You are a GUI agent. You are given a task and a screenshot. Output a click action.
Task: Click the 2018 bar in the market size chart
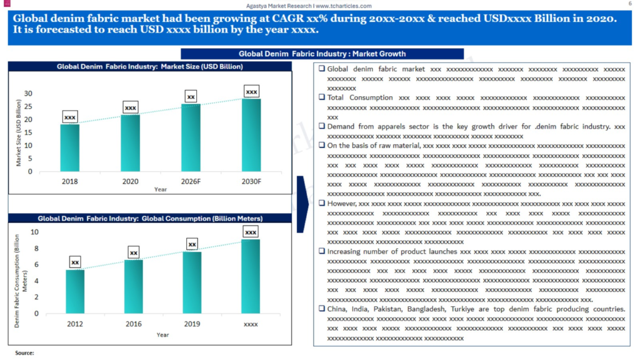click(x=70, y=147)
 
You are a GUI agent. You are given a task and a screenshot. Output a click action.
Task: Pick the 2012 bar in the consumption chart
click(x=75, y=291)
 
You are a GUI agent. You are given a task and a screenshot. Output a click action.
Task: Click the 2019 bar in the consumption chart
click(x=192, y=282)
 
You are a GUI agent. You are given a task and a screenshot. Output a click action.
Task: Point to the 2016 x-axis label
click(x=133, y=324)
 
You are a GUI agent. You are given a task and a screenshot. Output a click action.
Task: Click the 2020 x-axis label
click(x=130, y=181)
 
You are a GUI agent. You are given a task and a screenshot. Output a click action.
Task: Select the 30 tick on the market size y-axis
click(x=27, y=94)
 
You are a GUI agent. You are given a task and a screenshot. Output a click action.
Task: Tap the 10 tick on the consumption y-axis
click(x=34, y=232)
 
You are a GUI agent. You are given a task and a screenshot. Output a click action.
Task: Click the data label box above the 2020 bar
click(x=131, y=107)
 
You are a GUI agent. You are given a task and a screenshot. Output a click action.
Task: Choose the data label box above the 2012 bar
click(x=75, y=262)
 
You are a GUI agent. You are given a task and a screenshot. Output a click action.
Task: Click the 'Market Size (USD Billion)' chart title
click(x=149, y=66)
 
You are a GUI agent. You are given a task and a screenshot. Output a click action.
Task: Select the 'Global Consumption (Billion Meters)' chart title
click(x=150, y=219)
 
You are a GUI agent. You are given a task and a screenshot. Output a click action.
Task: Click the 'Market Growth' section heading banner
click(x=322, y=54)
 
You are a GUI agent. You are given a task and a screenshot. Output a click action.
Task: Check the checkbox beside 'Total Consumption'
click(x=321, y=98)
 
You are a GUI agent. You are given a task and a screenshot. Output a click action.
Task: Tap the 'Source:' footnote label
click(x=24, y=353)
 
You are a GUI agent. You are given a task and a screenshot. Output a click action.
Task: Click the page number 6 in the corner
click(x=629, y=4)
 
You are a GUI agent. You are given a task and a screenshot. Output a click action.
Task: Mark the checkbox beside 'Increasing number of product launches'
click(x=321, y=252)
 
